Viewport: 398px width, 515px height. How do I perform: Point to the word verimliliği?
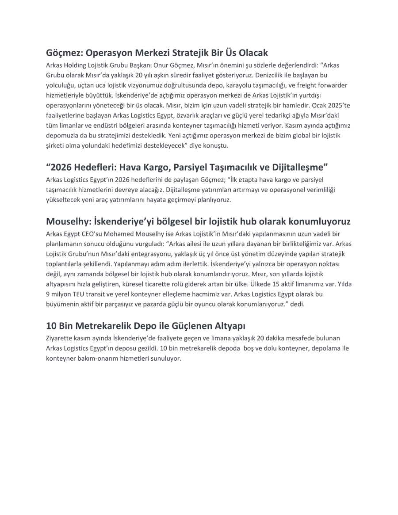click(318, 190)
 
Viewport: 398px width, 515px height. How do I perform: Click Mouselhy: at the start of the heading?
click(70, 221)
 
